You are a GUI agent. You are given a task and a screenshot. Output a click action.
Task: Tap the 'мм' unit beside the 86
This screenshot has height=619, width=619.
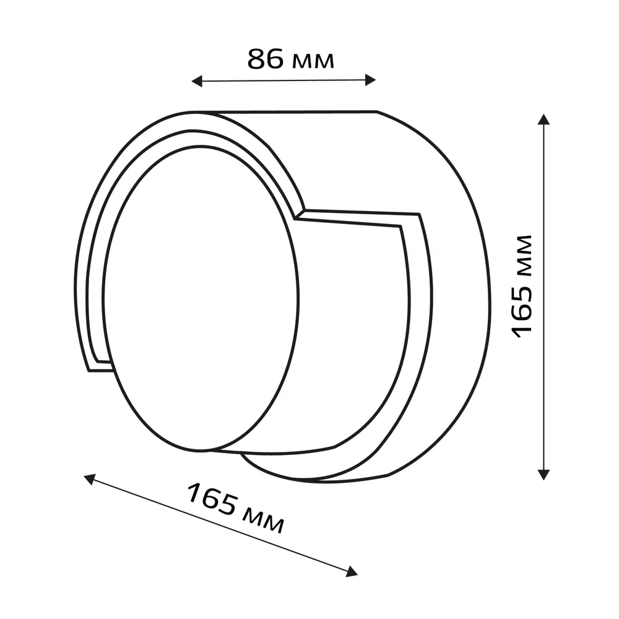point(313,62)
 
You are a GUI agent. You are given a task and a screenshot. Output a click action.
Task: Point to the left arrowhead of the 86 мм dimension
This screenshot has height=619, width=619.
point(197,81)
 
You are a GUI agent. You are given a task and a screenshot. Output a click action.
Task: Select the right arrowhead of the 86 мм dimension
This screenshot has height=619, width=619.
point(370,80)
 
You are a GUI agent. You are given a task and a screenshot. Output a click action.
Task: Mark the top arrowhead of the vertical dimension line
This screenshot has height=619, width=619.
point(544,119)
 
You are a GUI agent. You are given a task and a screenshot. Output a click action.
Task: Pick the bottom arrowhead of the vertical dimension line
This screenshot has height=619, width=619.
point(544,475)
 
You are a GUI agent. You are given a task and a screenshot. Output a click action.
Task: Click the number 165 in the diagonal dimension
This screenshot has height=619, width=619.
point(212,500)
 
